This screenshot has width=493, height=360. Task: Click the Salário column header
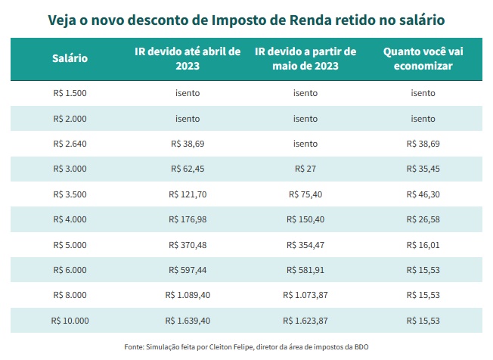pos(70,59)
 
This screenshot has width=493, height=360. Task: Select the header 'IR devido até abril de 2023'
pos(188,59)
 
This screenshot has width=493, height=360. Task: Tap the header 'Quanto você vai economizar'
pos(423,59)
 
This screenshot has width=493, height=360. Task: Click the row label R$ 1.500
pos(70,93)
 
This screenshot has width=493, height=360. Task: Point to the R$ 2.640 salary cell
pos(70,144)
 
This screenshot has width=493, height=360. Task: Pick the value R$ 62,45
pos(188,169)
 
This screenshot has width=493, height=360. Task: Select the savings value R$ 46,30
pos(423,194)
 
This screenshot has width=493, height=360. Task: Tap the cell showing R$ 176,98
pos(188,219)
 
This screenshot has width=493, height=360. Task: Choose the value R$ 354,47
pos(305,245)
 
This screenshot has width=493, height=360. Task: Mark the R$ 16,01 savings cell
pos(423,245)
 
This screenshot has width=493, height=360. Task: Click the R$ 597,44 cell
pos(188,270)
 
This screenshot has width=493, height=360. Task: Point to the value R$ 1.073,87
pos(305,296)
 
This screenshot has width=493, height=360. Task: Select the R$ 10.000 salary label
pos(70,321)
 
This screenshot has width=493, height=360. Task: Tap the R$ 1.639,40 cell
pos(188,321)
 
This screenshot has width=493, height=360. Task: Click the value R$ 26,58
pos(423,219)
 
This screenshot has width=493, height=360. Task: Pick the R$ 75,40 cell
pos(305,194)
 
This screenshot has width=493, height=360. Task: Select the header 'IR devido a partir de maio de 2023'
pos(305,59)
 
